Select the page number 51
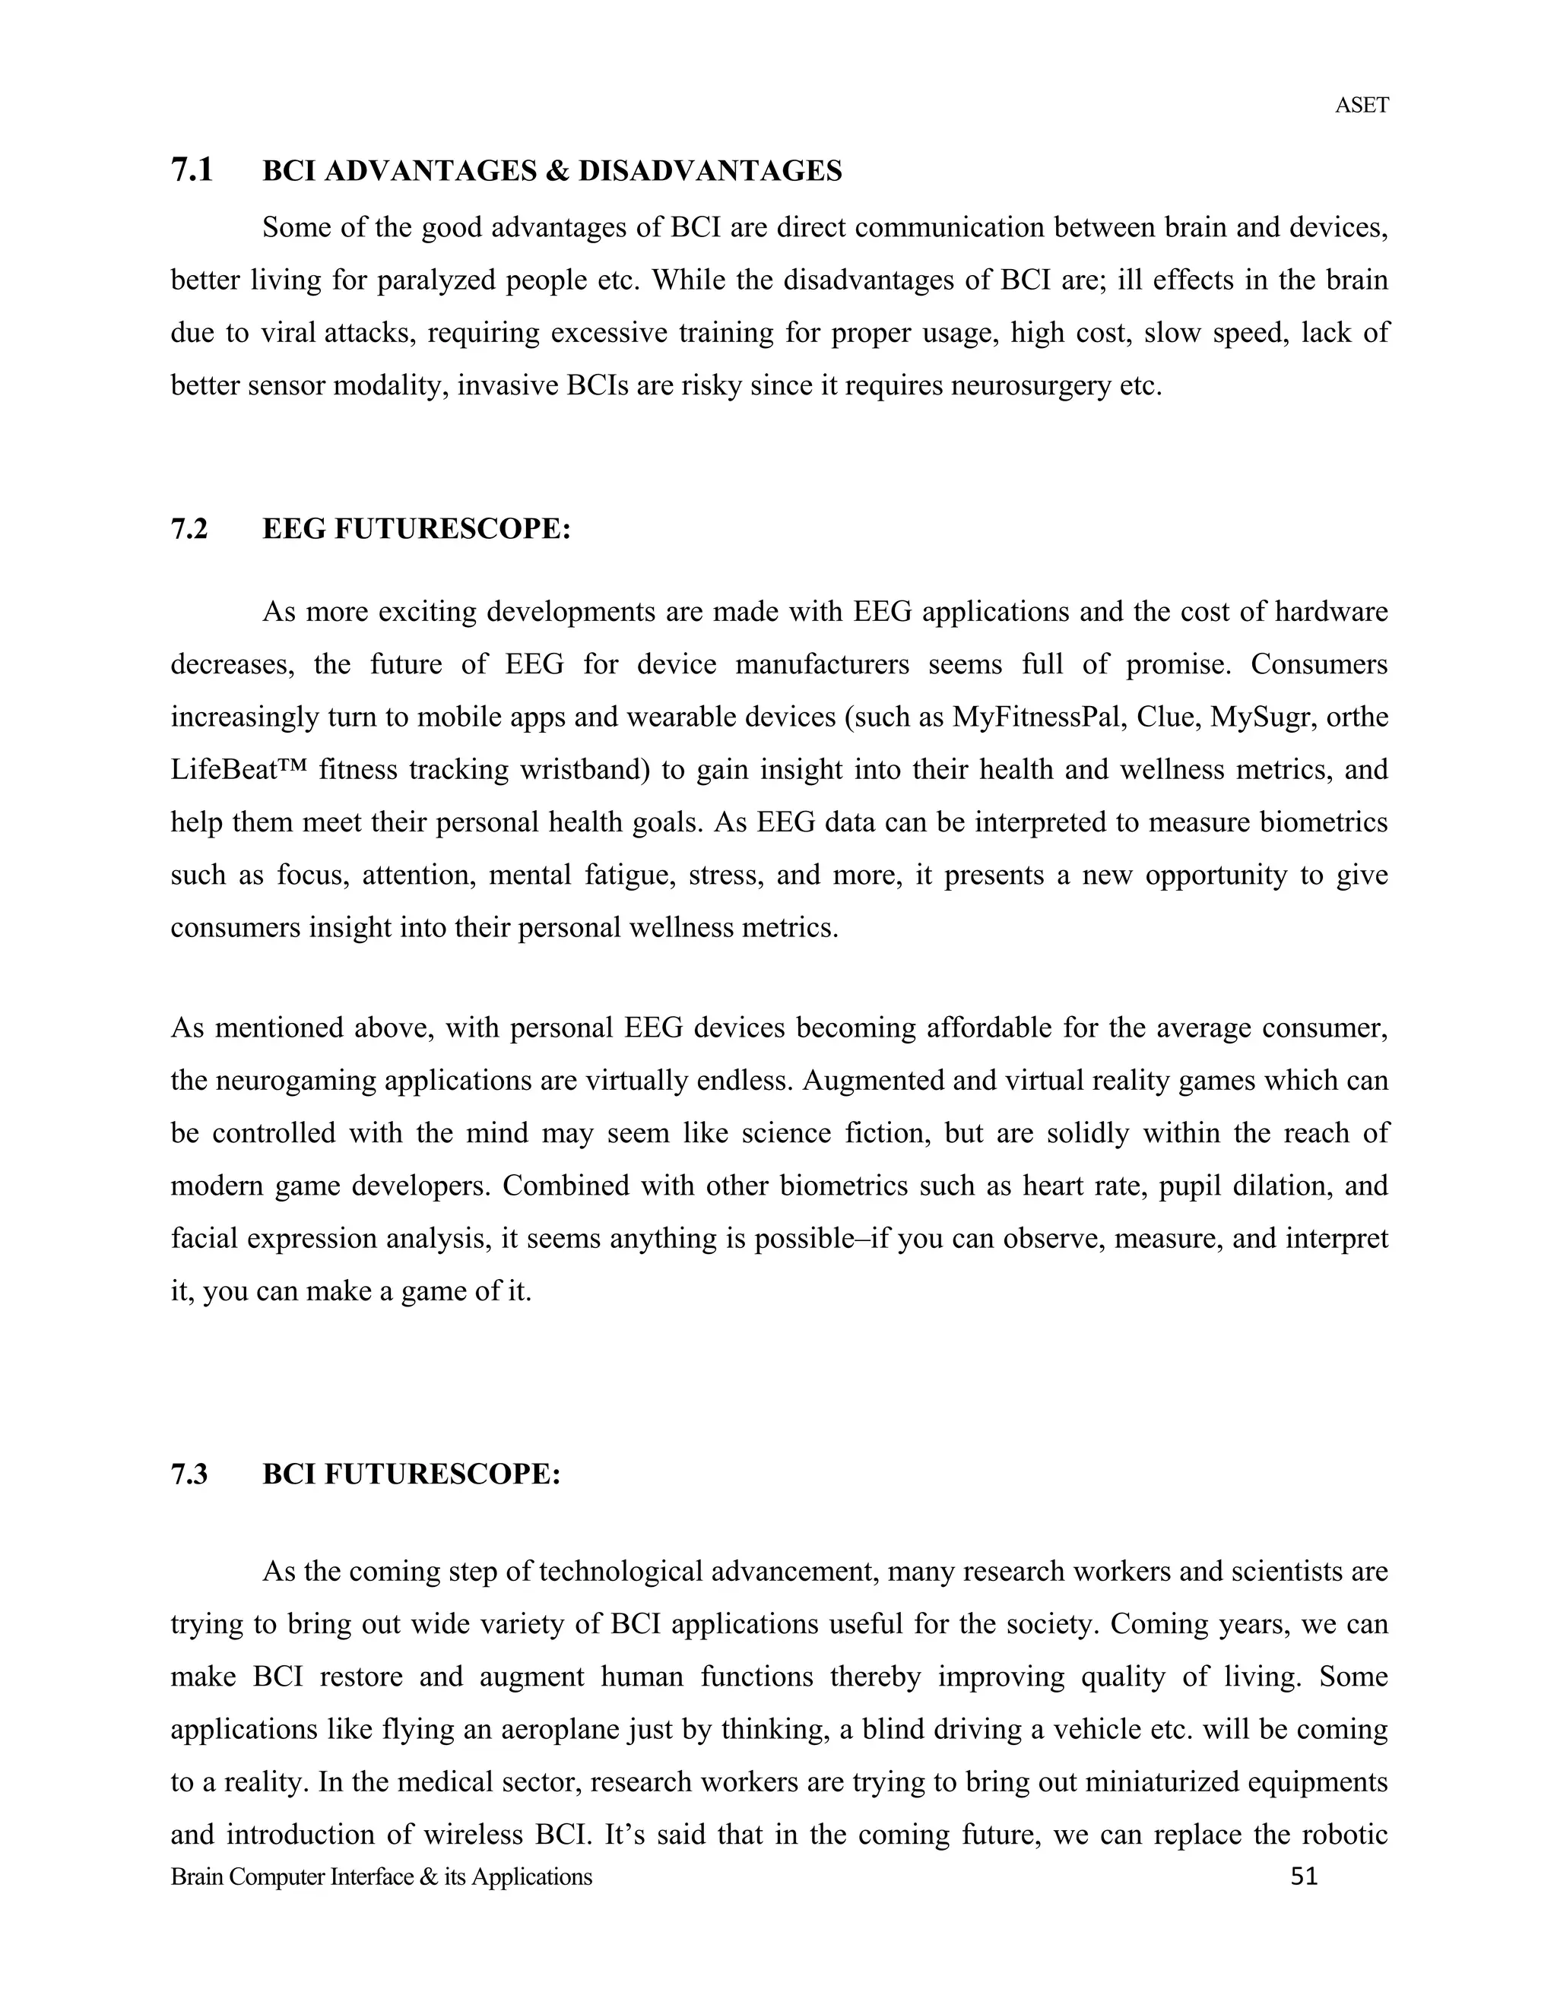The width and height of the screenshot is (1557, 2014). click(1303, 1876)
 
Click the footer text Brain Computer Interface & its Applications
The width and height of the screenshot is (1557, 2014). click(381, 1876)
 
